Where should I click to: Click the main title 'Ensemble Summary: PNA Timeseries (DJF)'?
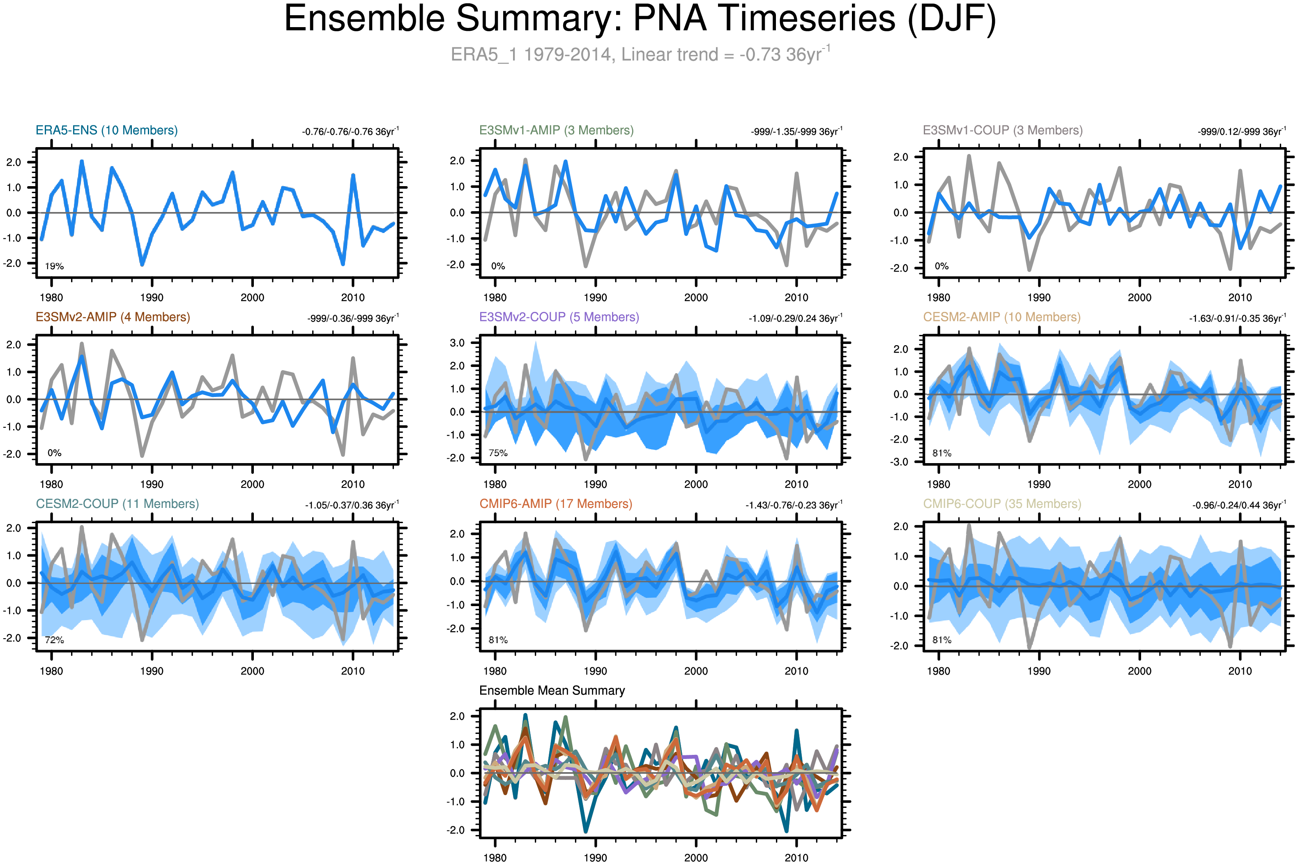pyautogui.click(x=640, y=19)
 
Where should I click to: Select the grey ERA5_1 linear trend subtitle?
pyautogui.click(x=640, y=54)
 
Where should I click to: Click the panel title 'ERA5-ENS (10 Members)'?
pyautogui.click(x=106, y=130)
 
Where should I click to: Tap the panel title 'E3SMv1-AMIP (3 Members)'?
pyautogui.click(x=556, y=130)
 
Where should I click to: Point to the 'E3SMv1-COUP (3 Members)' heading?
pyautogui.click(x=1002, y=130)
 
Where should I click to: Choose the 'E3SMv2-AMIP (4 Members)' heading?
pyautogui.click(x=113, y=317)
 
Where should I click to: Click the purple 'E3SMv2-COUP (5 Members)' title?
pyautogui.click(x=559, y=317)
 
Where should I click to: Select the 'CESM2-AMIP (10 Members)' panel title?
pyautogui.click(x=1001, y=317)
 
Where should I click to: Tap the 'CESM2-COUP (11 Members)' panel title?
pyautogui.click(x=117, y=504)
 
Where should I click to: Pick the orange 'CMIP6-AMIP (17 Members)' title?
pyautogui.click(x=555, y=504)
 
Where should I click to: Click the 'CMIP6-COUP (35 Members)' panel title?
pyautogui.click(x=1002, y=504)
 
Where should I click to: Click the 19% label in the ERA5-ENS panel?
pyautogui.click(x=54, y=266)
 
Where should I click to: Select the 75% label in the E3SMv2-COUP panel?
pyautogui.click(x=497, y=453)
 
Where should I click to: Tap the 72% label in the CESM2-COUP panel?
pyautogui.click(x=54, y=640)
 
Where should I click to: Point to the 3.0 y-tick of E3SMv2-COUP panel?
pyautogui.click(x=457, y=343)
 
